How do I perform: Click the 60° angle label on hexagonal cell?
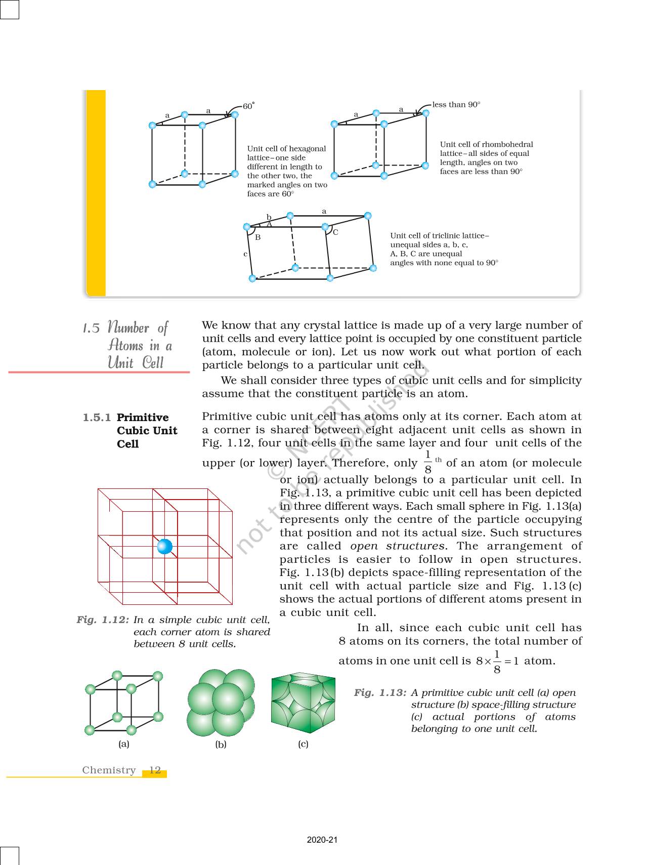[248, 106]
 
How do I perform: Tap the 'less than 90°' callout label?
[456, 105]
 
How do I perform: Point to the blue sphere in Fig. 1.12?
[165, 547]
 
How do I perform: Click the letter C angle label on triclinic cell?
[335, 232]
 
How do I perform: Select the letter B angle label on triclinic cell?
[257, 237]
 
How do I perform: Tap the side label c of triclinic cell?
[245, 254]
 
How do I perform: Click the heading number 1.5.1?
[97, 418]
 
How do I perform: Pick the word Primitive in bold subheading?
[143, 418]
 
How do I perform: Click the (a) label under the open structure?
[124, 744]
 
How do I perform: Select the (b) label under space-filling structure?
[221, 745]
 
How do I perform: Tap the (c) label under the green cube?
[303, 744]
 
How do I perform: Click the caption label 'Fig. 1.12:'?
[103, 620]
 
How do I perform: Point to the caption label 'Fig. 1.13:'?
[380, 692]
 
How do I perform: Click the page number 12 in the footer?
[155, 770]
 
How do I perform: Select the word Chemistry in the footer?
[109, 770]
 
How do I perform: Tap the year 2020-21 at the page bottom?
[322, 840]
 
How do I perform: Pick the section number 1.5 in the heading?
[91, 328]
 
